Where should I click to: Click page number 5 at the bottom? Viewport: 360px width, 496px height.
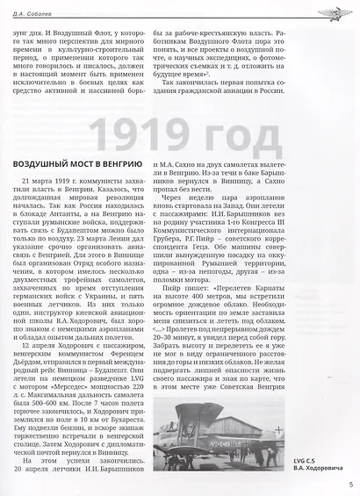(349, 482)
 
